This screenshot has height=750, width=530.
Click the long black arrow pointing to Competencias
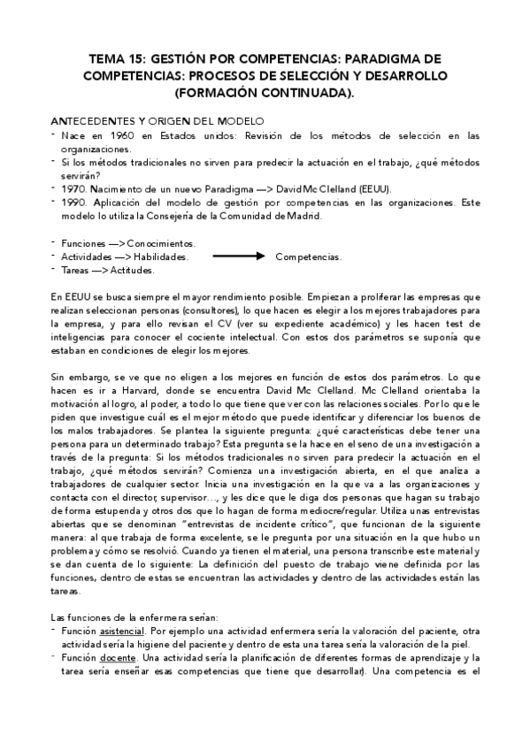pos(239,256)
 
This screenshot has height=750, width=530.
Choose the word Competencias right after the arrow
pos(308,256)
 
